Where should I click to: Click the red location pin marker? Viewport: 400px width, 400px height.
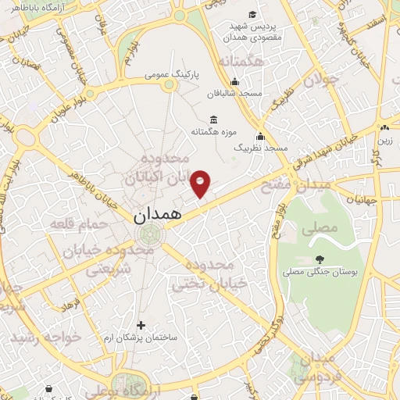point(202,184)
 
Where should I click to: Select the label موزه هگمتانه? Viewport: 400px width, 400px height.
point(213,132)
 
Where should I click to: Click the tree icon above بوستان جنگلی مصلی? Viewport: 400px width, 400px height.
point(319,259)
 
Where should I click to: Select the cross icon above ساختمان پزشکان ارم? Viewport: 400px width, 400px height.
point(141,325)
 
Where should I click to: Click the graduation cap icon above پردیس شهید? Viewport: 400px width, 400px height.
point(252,15)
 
